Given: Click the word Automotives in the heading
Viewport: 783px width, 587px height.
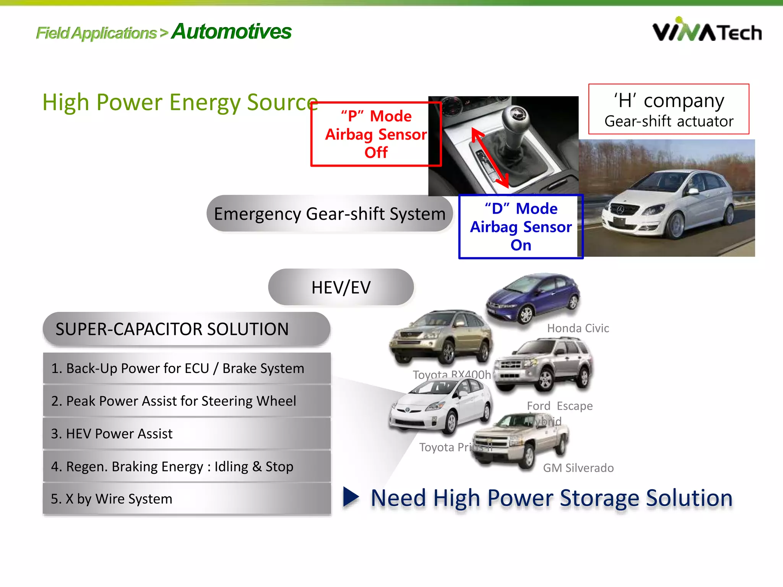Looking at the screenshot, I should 231,32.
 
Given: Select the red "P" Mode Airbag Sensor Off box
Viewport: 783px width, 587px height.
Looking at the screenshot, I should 376,134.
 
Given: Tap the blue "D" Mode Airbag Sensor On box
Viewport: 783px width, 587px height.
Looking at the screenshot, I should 521,227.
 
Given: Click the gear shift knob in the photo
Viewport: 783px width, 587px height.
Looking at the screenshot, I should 516,118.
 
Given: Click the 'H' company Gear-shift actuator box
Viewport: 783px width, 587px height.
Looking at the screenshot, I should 668,109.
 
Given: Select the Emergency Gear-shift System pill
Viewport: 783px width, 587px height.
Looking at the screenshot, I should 330,214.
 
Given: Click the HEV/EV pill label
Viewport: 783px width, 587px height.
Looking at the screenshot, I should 341,287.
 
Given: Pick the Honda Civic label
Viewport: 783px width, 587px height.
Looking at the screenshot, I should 578,328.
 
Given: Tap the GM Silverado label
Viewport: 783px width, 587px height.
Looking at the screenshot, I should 578,468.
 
